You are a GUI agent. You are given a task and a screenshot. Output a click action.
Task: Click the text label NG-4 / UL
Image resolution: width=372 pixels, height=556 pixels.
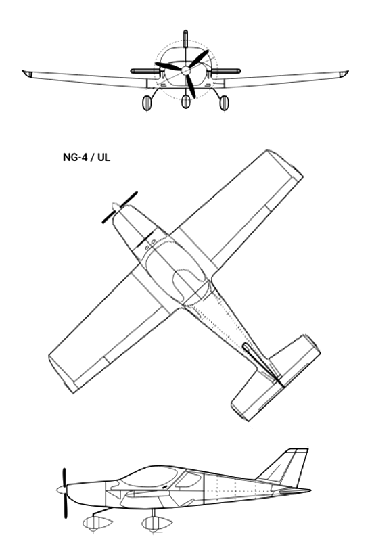coord(87,157)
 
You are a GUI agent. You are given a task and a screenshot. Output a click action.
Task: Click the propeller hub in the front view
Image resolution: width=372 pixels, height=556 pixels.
coord(186,70)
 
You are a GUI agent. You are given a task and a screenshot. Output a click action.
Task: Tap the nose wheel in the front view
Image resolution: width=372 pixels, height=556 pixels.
coord(186,101)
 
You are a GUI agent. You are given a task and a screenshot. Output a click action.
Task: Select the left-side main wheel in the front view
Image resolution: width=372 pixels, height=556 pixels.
coord(147,103)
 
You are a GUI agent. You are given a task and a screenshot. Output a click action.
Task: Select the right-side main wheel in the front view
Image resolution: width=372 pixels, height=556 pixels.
coord(224,103)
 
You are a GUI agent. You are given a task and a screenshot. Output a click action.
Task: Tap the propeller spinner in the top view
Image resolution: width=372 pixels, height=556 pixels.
coord(116,207)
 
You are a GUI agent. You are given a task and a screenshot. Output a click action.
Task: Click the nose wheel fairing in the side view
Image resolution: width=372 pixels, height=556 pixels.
coord(98,523)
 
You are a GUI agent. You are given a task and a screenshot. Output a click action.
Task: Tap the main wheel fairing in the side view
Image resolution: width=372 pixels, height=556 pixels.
coord(157,523)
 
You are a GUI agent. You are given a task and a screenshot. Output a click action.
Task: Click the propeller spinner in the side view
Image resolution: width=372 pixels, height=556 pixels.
coord(62,490)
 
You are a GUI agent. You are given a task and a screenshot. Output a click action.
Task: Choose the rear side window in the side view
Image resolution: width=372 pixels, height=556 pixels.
coord(188,480)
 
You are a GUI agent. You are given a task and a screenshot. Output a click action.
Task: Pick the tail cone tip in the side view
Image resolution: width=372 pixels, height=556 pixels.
coord(309,490)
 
